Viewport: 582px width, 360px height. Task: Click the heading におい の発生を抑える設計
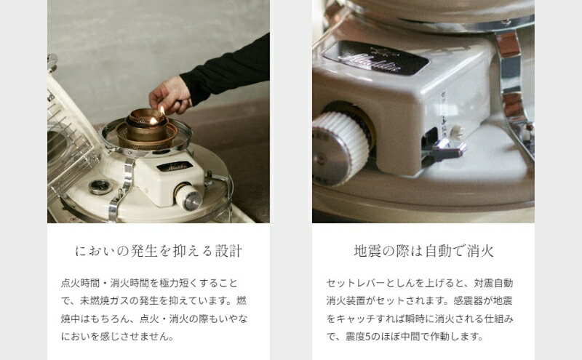click(159, 252)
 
